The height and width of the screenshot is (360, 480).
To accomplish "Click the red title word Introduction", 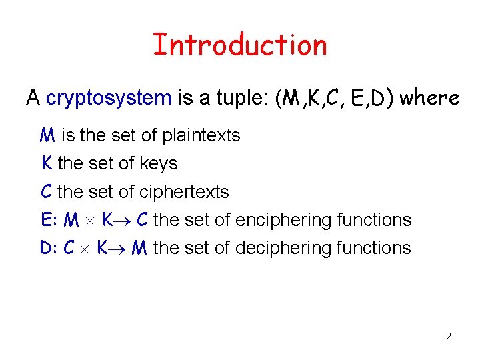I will click(240, 45).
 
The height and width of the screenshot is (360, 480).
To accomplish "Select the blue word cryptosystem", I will click(109, 99).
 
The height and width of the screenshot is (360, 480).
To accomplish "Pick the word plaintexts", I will click(201, 135).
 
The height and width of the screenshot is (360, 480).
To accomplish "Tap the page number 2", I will click(449, 336).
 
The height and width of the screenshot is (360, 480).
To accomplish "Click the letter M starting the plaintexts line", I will click(47, 135).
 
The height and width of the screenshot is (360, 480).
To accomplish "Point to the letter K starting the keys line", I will click(47, 163).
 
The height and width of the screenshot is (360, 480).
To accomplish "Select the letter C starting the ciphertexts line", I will click(46, 192).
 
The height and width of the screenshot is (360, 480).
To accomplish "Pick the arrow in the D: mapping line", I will click(119, 249).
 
